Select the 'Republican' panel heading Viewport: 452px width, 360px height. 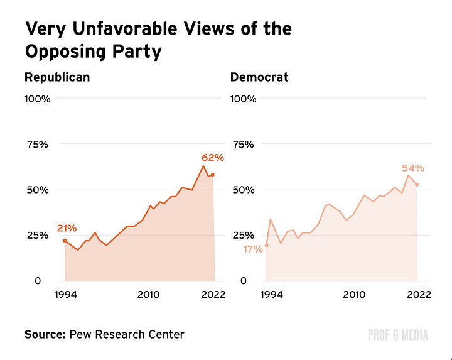57,77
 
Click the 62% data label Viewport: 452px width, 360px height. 212,158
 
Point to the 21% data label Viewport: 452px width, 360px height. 67,227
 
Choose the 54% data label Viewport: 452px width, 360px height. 413,168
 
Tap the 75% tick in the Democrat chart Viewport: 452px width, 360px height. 244,145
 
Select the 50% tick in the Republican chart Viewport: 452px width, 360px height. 37,190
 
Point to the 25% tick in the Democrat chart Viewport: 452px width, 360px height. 244,235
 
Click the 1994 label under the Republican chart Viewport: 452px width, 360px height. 65,295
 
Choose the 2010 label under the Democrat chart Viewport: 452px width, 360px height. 355,295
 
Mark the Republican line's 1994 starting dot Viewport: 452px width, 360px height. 65,241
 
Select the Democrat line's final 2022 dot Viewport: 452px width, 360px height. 417,185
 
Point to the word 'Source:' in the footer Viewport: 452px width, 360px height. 43,334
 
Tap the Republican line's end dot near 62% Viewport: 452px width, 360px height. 213,175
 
